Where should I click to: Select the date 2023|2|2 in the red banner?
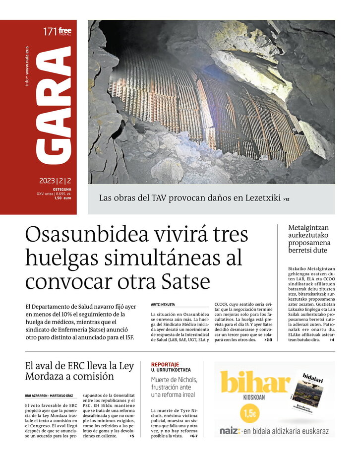[56, 181]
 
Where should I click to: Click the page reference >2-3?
[267, 340]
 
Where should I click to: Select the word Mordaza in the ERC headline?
[47, 377]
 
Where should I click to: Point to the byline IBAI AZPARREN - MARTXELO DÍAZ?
[49, 395]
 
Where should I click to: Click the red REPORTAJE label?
[165, 364]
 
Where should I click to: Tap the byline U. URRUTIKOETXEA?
[171, 370]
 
